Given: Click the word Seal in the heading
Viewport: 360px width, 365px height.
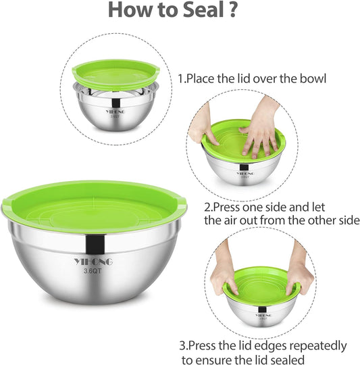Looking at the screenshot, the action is pos(203,9).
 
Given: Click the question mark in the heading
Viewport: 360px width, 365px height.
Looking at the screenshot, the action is pos(233,9).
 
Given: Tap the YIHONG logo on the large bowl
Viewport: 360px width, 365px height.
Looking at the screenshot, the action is pos(93,262).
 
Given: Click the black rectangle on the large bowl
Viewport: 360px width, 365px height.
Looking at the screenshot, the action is pos(95,245).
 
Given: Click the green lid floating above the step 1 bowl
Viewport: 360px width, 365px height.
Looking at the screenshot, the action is pos(115,74).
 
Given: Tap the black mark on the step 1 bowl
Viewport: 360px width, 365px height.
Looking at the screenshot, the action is pos(115,103).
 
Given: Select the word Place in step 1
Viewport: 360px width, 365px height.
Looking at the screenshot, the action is pos(201,78).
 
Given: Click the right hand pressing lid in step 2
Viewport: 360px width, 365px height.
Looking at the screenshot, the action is pos(260,127).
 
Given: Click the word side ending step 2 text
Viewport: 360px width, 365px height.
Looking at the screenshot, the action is pos(349,220).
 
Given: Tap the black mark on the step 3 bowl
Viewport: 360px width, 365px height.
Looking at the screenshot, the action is pos(262,310).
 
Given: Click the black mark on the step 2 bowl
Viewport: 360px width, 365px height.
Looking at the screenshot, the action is pos(244,168).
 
